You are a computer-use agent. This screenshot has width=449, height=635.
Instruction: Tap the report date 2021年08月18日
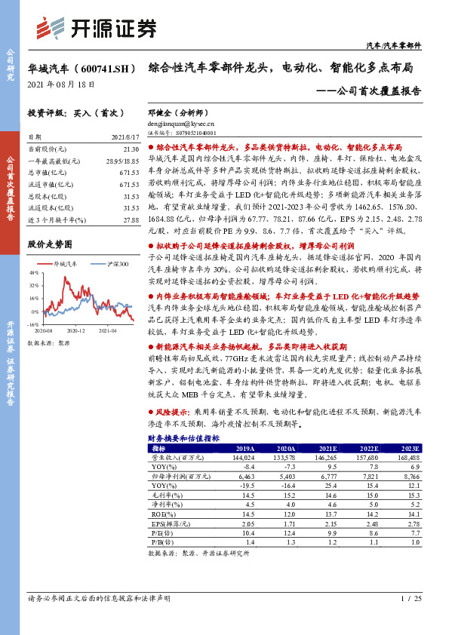[56, 85]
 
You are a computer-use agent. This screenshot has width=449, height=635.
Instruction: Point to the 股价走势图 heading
[49, 245]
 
